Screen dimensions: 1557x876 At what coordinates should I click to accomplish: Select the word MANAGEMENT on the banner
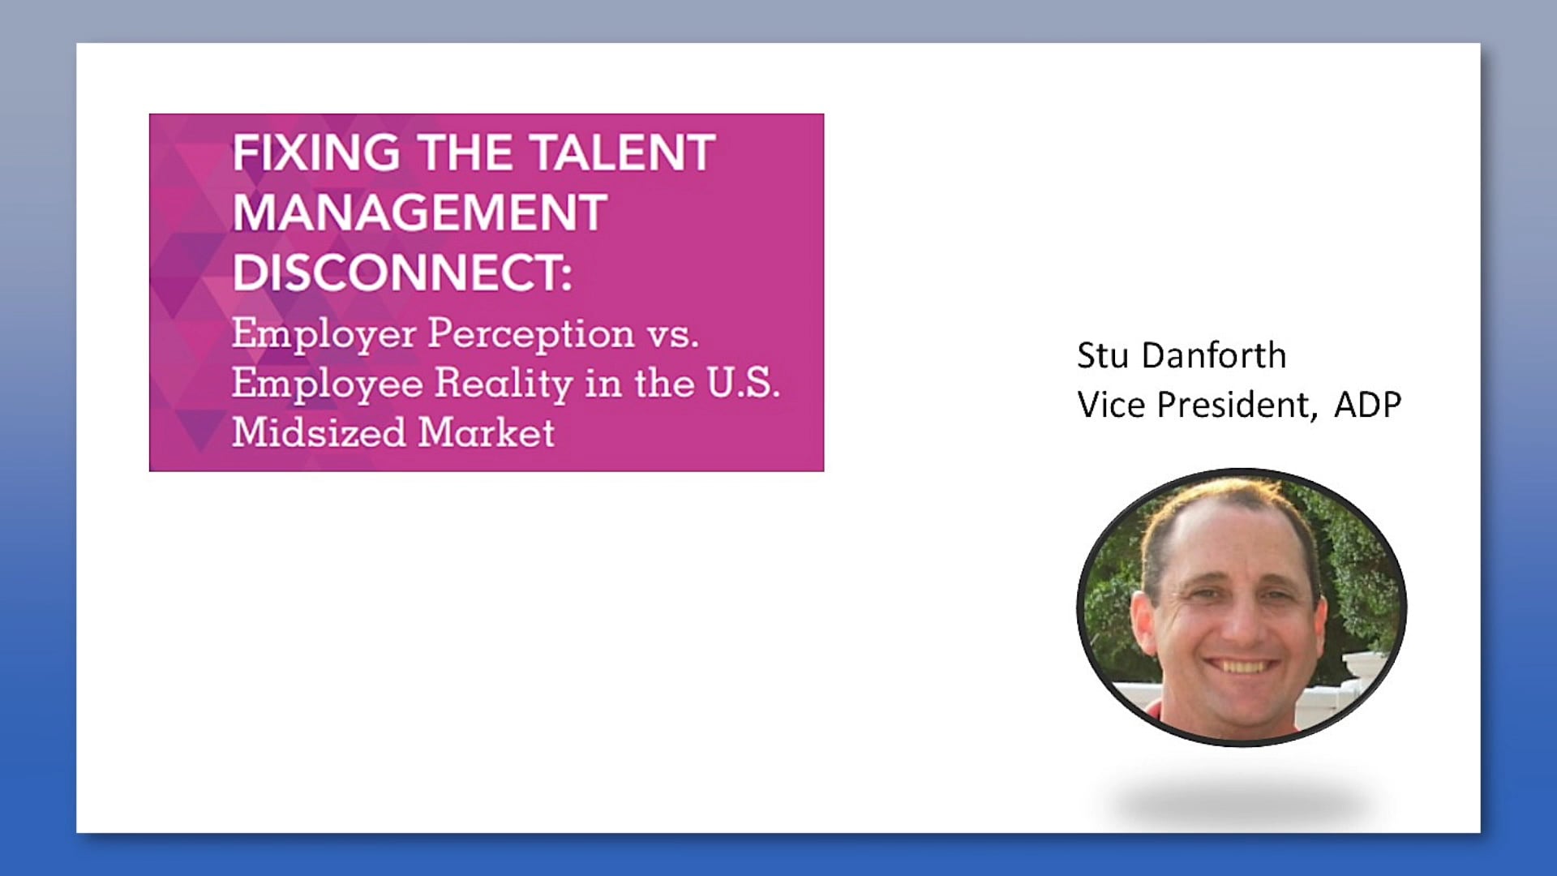tap(420, 212)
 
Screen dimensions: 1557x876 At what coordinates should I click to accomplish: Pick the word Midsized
tap(319, 432)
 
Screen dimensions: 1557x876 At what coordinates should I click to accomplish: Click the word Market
tap(487, 432)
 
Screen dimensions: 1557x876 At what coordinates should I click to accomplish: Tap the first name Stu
tap(1103, 356)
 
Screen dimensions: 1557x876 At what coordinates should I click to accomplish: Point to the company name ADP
tap(1368, 405)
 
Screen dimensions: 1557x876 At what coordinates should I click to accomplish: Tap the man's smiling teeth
tap(1238, 667)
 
